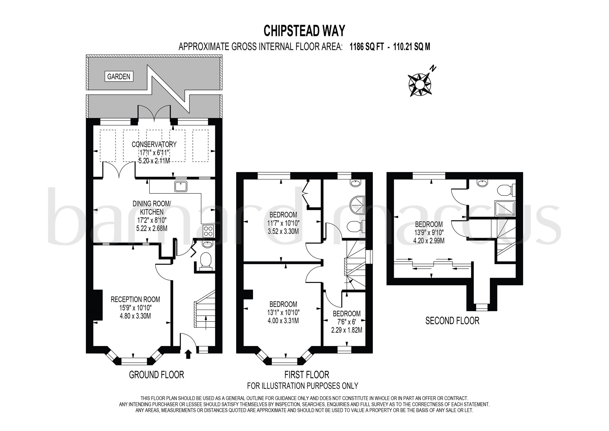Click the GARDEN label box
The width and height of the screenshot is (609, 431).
click(x=119, y=76)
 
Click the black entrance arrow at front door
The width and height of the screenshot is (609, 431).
click(x=188, y=354)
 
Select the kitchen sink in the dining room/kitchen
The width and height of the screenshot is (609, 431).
click(x=181, y=186)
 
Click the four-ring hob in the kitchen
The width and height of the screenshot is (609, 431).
click(x=208, y=231)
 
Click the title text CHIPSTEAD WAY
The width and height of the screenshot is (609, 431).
click(x=304, y=31)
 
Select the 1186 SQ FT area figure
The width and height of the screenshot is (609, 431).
click(x=367, y=47)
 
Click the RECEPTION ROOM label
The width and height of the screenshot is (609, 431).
click(x=135, y=300)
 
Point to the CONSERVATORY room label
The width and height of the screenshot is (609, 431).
click(x=154, y=145)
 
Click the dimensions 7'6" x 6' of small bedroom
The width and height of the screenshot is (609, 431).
click(x=346, y=322)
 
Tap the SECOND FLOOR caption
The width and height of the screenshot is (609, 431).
click(x=452, y=321)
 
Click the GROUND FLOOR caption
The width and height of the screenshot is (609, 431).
click(x=156, y=375)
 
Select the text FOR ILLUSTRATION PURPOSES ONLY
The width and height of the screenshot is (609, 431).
click(x=302, y=386)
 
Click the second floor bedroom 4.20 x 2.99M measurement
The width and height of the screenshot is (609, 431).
click(x=429, y=241)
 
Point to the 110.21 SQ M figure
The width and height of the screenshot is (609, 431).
click(x=411, y=47)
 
